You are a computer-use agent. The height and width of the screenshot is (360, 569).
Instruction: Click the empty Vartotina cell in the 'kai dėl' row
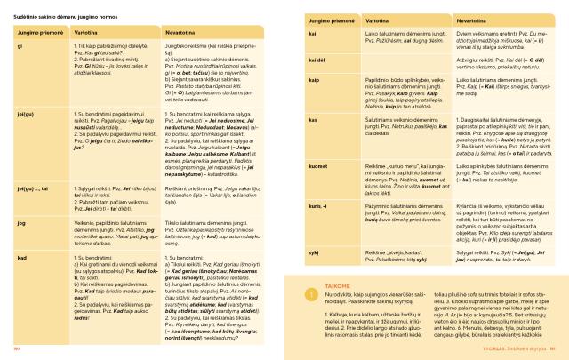(379, 60)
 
